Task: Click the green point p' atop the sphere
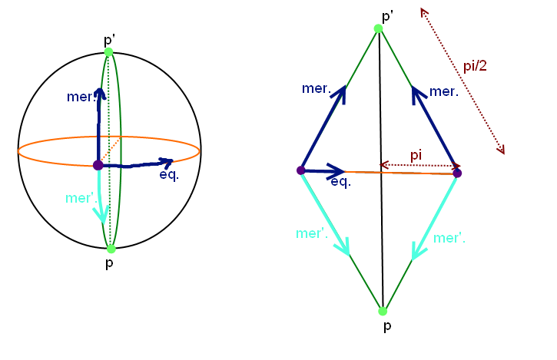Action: tap(109, 52)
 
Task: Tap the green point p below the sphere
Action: tap(111, 249)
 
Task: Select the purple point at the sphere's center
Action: tap(98, 165)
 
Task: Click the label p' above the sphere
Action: tap(109, 38)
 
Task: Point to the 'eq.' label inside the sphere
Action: tap(169, 175)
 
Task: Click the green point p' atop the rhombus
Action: tap(378, 29)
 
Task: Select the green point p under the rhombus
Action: tap(383, 311)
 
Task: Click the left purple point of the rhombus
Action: tap(301, 170)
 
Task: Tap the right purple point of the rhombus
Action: tap(457, 173)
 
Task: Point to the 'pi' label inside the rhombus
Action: tap(416, 155)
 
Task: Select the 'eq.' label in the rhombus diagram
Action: tap(341, 182)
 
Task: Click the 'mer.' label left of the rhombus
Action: tap(317, 89)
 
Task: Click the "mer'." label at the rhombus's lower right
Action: tap(449, 239)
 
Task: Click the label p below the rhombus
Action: tap(382, 326)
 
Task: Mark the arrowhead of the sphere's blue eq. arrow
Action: tap(167, 161)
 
